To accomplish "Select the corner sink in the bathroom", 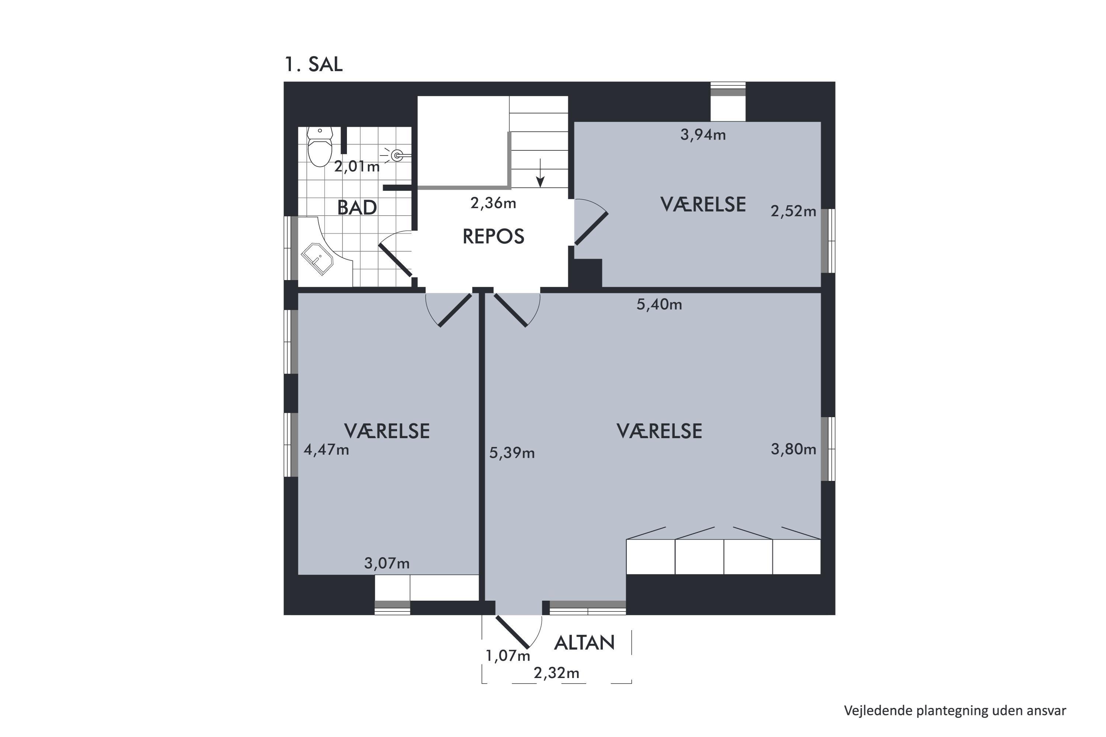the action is [317, 259].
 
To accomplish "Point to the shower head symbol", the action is [396, 155].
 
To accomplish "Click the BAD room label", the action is [357, 207].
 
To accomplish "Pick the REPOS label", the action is [493, 237].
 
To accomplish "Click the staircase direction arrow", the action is [540, 172].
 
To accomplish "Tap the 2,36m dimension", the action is [493, 203].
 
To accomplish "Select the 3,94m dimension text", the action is [703, 135].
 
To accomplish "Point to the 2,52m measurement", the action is [793, 212].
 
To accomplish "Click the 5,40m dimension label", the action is [659, 305].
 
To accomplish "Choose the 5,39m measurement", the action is [512, 453].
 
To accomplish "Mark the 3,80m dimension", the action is [793, 449].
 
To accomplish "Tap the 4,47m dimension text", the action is [326, 450].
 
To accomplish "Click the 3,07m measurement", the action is [387, 563].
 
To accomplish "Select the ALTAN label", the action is [584, 643].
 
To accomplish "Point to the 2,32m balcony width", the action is [556, 673].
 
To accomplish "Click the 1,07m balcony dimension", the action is [508, 656].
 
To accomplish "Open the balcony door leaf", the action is [512, 631].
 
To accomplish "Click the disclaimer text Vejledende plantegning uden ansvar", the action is [955, 711].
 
